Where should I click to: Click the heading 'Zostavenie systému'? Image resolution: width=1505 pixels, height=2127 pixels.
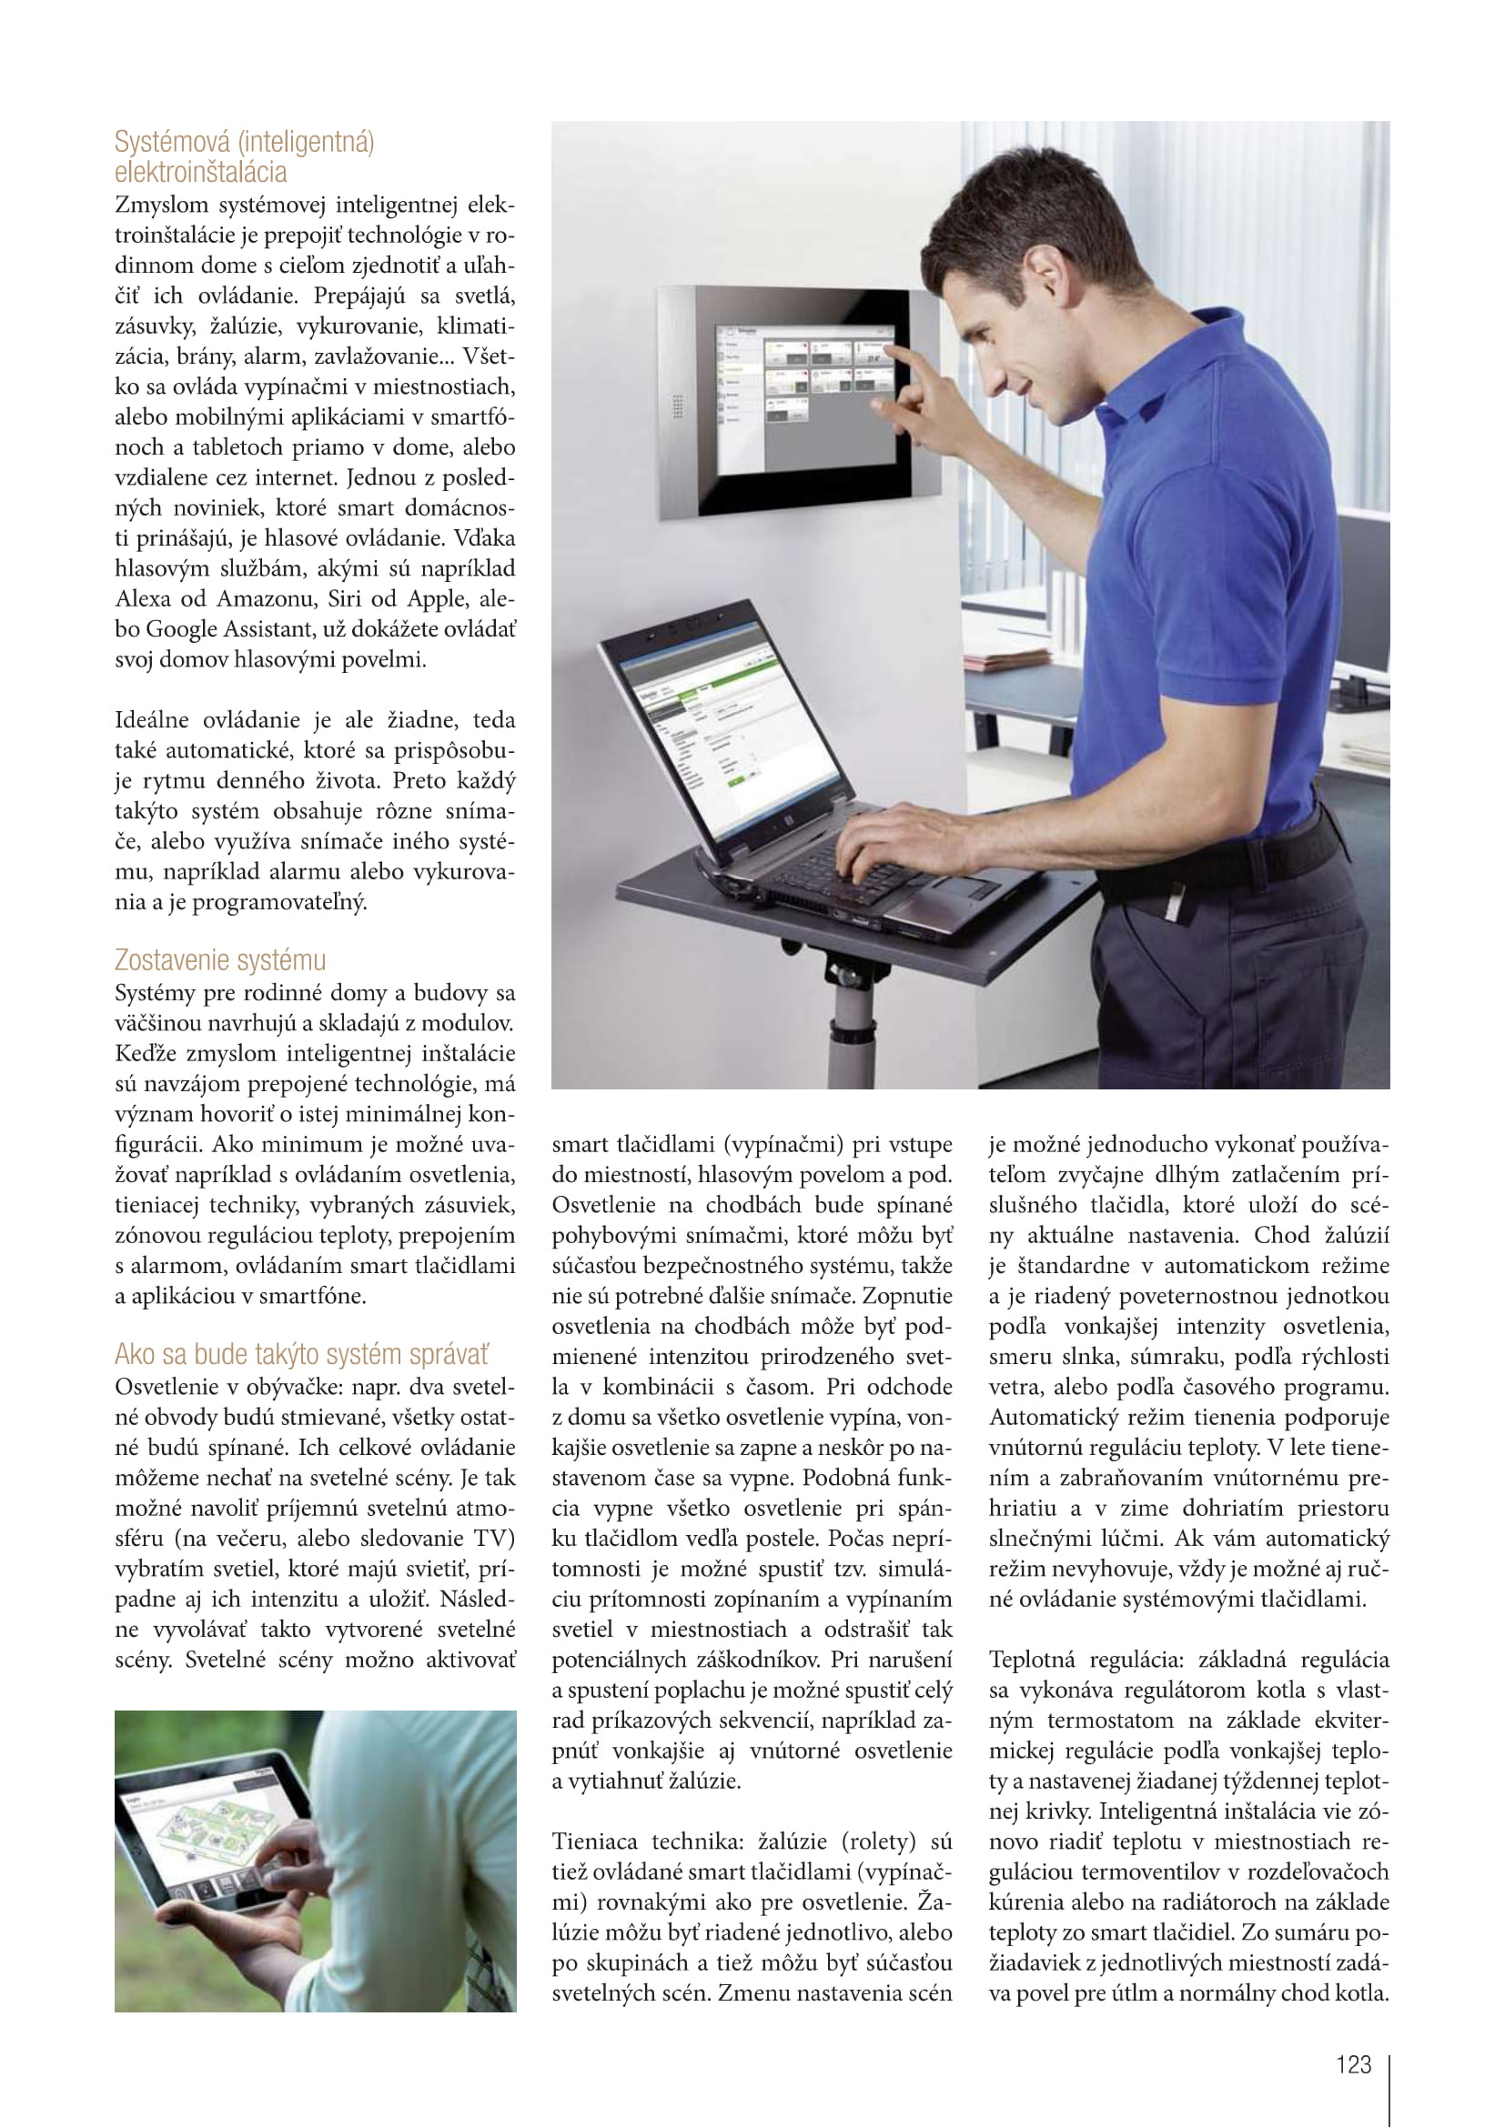(x=219, y=959)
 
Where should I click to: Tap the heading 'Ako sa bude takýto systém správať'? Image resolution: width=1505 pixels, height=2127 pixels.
(x=301, y=1353)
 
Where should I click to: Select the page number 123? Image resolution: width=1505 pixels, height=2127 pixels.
(x=1353, y=2065)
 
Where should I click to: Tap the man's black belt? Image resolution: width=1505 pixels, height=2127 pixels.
(x=1233, y=861)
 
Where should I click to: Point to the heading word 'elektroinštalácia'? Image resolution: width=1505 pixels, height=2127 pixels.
(x=200, y=172)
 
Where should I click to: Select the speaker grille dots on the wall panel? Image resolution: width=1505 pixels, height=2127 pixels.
(x=679, y=405)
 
